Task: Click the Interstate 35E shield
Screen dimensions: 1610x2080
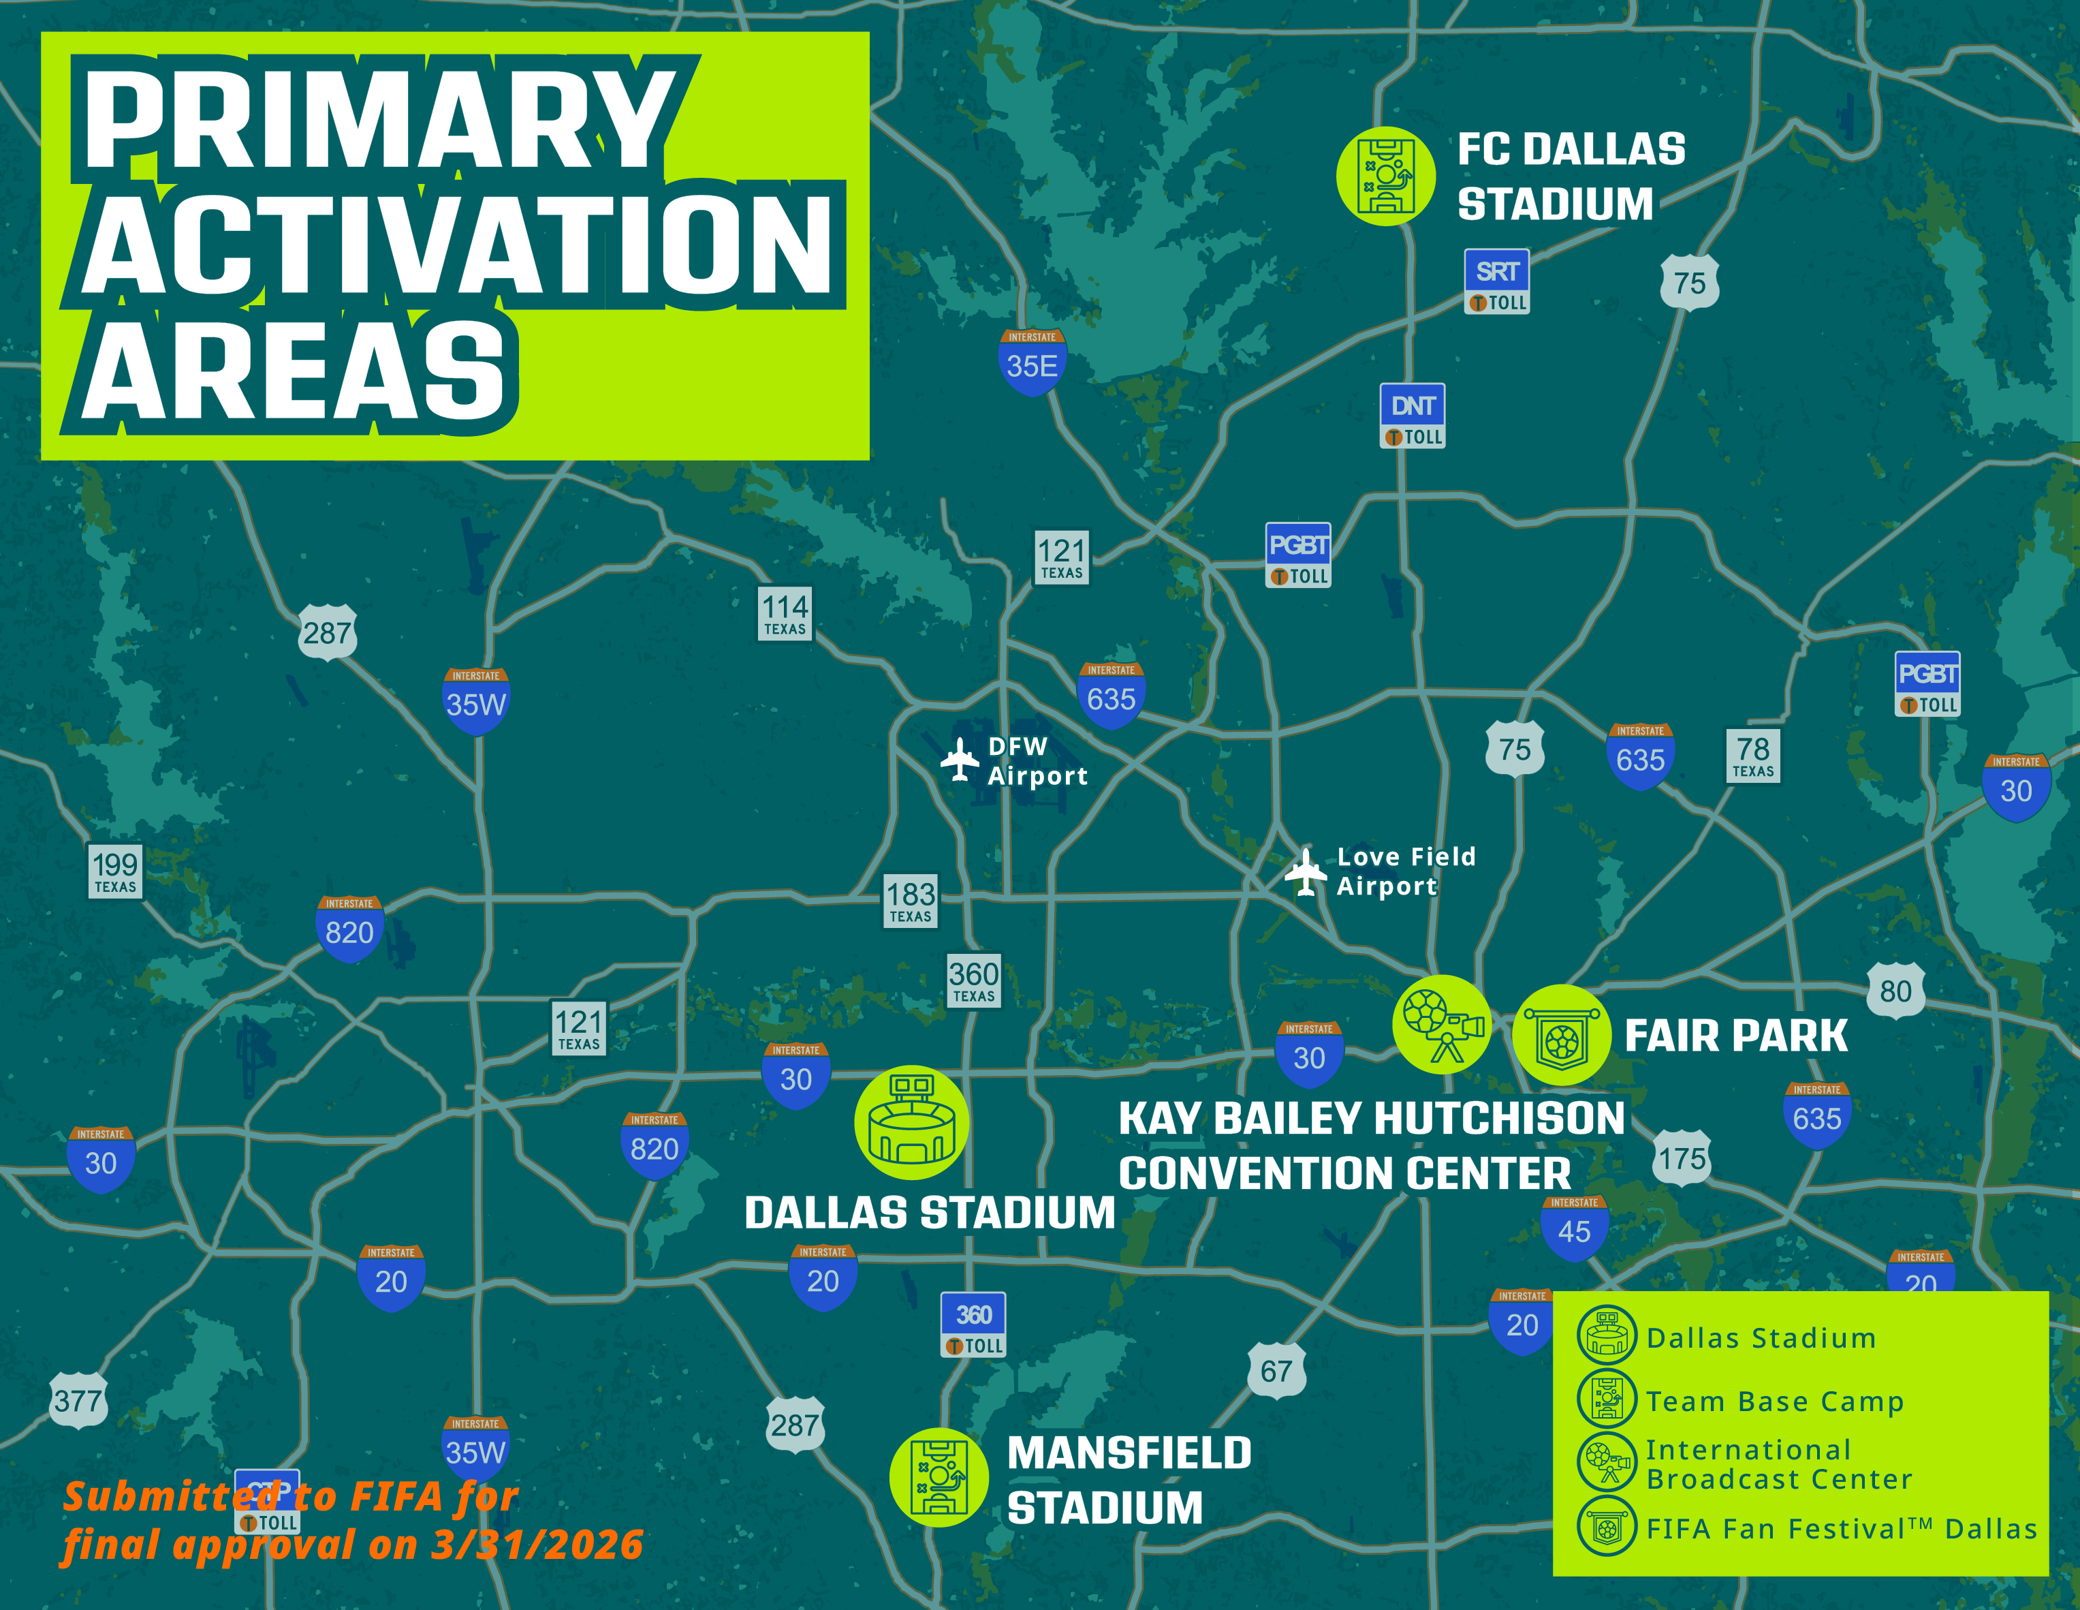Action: [x=1033, y=361]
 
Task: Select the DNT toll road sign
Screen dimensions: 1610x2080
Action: [x=1413, y=416]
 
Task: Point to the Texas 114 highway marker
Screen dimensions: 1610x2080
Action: [x=785, y=613]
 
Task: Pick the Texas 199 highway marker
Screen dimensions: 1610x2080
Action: [x=115, y=871]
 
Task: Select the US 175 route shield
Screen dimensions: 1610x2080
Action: [x=1682, y=1158]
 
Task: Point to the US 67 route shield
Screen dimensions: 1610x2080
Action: [x=1276, y=1371]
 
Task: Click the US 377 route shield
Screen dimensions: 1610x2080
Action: [x=78, y=1400]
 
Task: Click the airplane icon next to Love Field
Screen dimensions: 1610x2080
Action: [x=1306, y=871]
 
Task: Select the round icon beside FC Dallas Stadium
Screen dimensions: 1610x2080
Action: [x=1386, y=176]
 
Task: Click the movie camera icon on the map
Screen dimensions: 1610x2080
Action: [x=1442, y=1025]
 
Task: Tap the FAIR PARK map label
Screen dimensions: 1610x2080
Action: [x=1735, y=1036]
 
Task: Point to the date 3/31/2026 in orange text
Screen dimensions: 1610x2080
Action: [x=537, y=1545]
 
